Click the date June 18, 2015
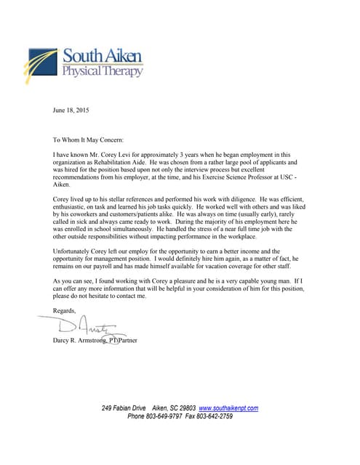coord(72,110)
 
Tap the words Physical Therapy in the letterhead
coord(102,71)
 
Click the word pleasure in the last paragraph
coord(192,280)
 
